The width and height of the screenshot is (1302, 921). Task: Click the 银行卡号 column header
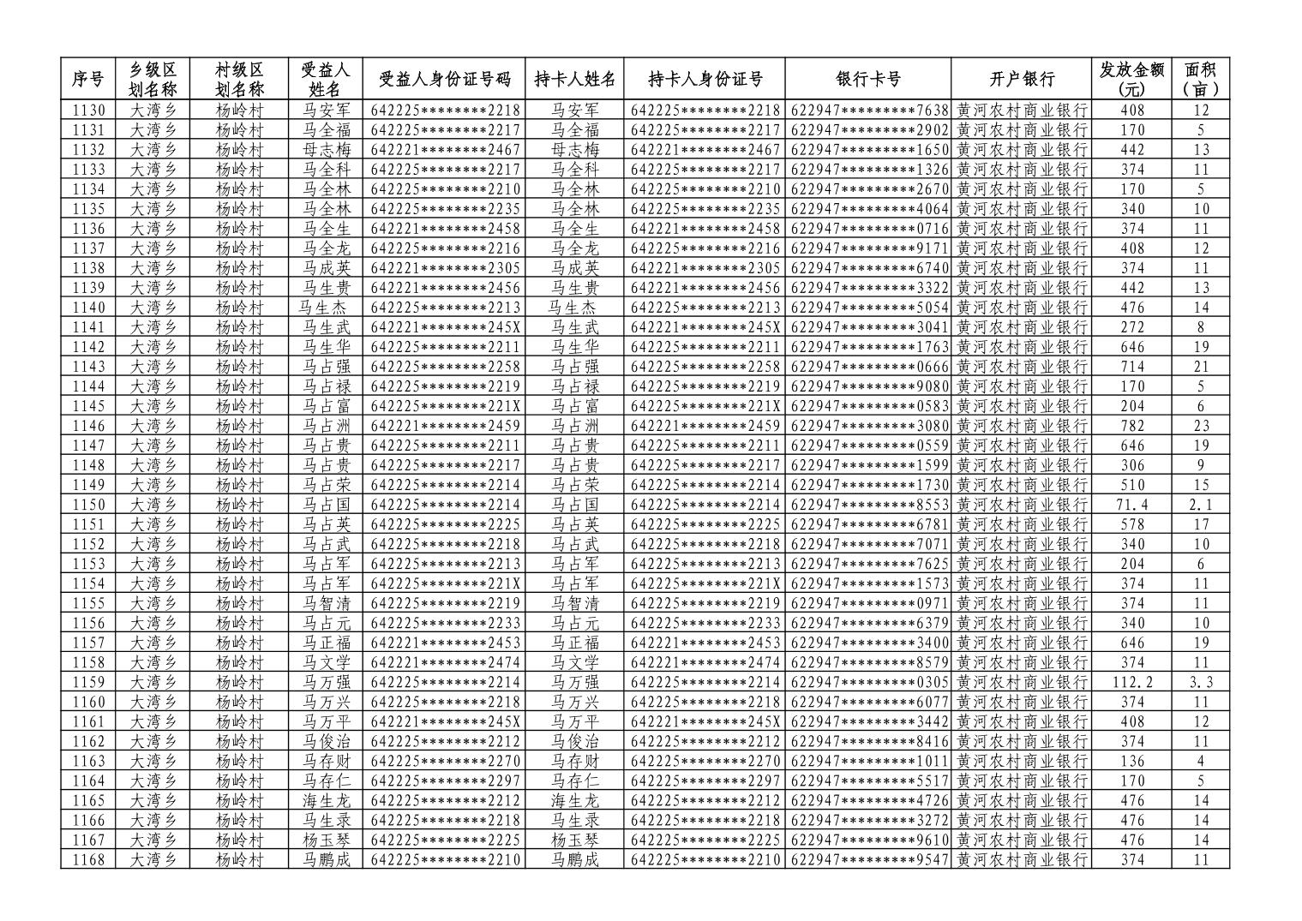coord(867,80)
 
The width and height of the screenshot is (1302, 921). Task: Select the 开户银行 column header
coord(1021,80)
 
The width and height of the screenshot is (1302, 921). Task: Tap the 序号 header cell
coord(87,80)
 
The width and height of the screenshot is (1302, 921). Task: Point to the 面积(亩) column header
coord(1200,80)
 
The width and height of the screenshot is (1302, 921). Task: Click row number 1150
coord(87,505)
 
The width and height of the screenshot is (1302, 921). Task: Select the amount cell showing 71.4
coord(1131,505)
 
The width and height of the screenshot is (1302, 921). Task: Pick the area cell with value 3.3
coord(1200,682)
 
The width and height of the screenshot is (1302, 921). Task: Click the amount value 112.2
coord(1131,682)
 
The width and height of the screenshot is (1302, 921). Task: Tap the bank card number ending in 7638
coord(867,111)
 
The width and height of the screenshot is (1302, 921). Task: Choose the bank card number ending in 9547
coord(867,859)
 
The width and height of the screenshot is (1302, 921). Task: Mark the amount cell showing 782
coord(1131,426)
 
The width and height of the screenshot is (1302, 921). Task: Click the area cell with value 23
coord(1200,426)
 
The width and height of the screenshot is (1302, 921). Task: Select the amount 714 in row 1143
coord(1131,367)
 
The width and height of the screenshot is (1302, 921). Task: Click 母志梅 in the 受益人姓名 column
coord(326,150)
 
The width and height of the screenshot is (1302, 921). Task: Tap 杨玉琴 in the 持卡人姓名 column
coord(574,840)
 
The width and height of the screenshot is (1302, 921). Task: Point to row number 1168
coord(87,859)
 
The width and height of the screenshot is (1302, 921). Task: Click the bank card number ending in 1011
coord(867,761)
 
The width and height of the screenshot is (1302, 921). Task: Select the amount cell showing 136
coord(1131,761)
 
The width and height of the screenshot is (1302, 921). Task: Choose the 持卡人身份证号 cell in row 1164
coord(705,780)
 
